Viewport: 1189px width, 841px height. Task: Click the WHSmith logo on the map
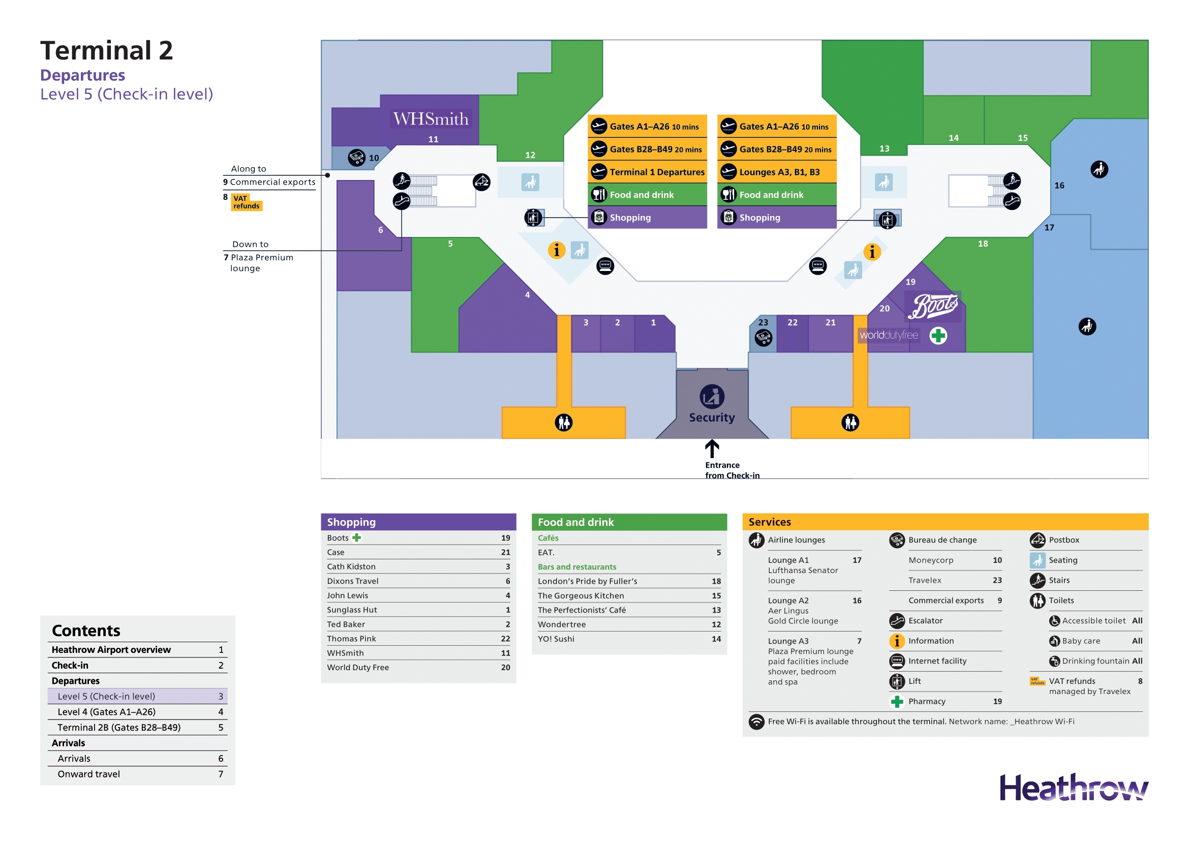[431, 119]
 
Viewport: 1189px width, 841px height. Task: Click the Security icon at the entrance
[712, 397]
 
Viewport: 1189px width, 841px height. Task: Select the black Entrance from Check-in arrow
[712, 448]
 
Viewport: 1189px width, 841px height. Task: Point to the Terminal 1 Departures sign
[647, 172]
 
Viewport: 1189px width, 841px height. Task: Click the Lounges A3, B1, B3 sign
[777, 172]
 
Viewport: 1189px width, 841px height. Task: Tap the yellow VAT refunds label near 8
[246, 202]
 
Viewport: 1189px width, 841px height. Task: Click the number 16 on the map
[1059, 186]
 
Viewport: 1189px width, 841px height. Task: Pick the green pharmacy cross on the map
[938, 336]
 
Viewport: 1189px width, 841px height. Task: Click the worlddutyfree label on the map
[889, 335]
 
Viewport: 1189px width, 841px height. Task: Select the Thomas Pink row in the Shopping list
[418, 639]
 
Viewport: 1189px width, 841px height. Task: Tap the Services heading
[770, 522]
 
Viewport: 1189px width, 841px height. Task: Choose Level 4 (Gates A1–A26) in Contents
[107, 711]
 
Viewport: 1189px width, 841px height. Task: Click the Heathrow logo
[1073, 788]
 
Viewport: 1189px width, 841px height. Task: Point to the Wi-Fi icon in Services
[756, 722]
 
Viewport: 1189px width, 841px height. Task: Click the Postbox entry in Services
[1063, 539]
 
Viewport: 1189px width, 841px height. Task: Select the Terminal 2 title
[107, 51]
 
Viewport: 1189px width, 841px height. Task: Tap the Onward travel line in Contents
[88, 774]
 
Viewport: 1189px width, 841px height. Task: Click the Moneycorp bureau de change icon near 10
[356, 158]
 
